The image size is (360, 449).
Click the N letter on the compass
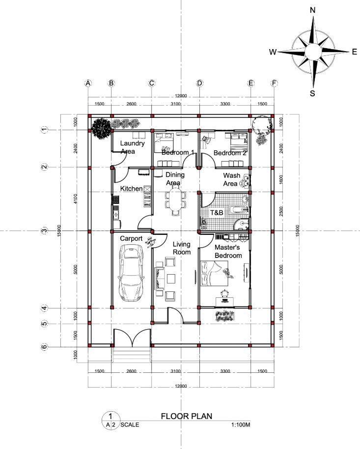tap(312, 10)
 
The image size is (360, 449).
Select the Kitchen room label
tap(131, 189)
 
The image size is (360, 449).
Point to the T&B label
tap(217, 213)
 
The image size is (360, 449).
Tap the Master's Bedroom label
tap(228, 252)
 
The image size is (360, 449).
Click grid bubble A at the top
tap(88, 83)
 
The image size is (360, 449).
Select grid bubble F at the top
tap(274, 83)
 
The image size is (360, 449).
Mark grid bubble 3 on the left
tap(44, 230)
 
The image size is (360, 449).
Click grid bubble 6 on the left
tap(44, 347)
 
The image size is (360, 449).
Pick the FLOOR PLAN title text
tap(186, 416)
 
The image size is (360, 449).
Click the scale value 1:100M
tap(240, 425)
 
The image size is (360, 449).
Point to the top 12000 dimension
tap(181, 95)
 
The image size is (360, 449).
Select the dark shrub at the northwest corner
tap(101, 129)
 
